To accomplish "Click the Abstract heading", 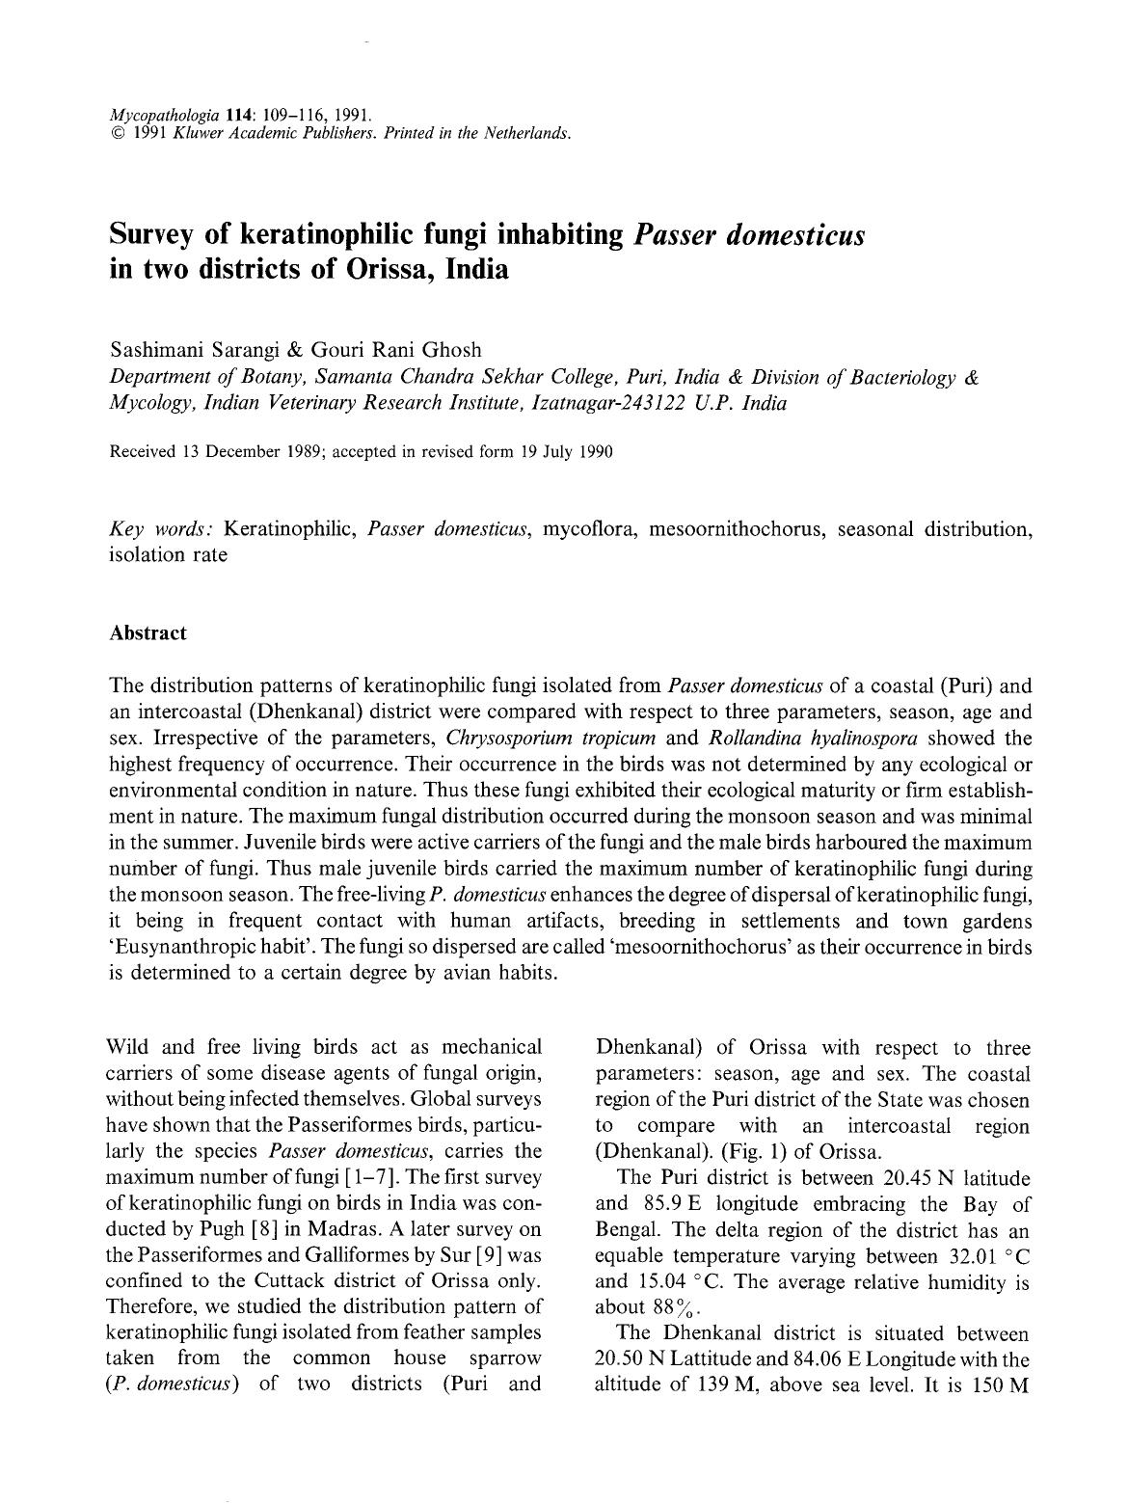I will [x=148, y=633].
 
